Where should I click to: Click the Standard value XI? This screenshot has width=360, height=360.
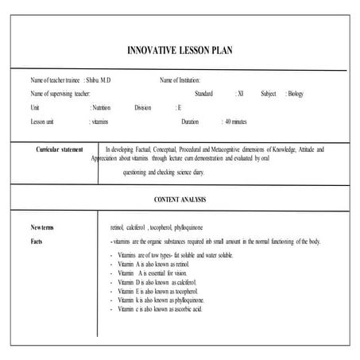tap(240, 94)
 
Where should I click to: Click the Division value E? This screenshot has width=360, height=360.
tap(180, 107)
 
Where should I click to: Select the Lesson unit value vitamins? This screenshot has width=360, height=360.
tap(101, 122)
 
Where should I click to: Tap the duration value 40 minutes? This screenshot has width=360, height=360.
tap(237, 122)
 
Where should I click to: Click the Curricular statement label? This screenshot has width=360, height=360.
tap(60, 149)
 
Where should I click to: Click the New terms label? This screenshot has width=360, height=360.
tap(42, 226)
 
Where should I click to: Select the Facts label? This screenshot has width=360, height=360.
tap(37, 240)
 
